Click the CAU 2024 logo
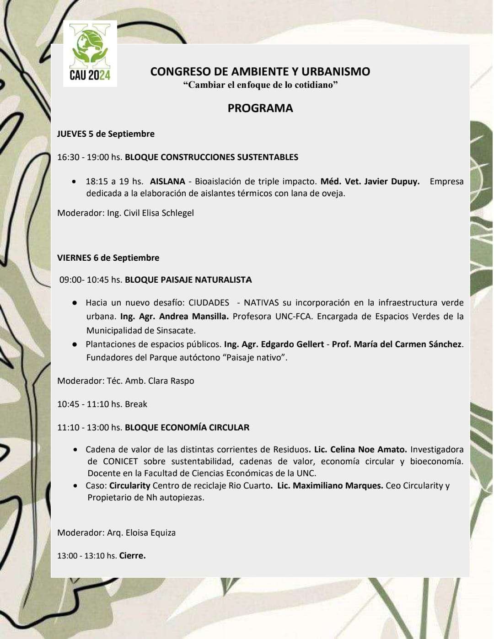tap(90, 54)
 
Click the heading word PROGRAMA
tap(260, 108)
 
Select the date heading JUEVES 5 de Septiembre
tap(106, 134)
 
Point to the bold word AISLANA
tap(167, 182)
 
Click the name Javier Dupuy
tap(392, 182)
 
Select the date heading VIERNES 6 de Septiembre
tap(108, 258)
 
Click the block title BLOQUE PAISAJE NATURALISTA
tap(188, 280)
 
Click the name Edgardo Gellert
tap(292, 344)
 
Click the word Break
tap(136, 404)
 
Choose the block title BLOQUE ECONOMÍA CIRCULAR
tap(187, 428)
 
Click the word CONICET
tap(120, 462)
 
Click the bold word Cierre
tap(132, 556)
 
